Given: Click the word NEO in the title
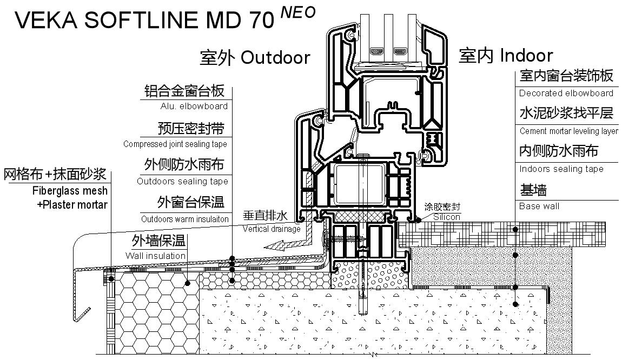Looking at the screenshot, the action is pos(298,12).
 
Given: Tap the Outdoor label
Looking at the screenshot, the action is pos(275,57).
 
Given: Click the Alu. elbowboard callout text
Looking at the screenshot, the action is pos(194,106).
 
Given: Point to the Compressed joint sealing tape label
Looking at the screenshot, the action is pos(175,144).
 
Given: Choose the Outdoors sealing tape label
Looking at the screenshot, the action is pos(182,181).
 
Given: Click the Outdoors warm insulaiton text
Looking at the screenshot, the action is pos(185,219).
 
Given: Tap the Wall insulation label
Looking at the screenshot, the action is pos(156,256).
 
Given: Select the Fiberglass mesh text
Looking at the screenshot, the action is pos(70,191).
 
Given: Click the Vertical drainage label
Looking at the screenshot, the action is pos(272,229).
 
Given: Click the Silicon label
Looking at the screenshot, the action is pos(447,217).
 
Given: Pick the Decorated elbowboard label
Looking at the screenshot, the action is pos(566,93).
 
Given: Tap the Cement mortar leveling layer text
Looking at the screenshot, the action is pos(569,131).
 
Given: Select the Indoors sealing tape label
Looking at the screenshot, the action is pos(561,169).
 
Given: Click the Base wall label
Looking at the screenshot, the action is pos(539,206).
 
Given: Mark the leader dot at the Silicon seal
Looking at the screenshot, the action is pos(418,219).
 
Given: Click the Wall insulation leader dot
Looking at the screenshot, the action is pos(188,283).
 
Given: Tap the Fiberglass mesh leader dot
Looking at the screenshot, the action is pos(111,279).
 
